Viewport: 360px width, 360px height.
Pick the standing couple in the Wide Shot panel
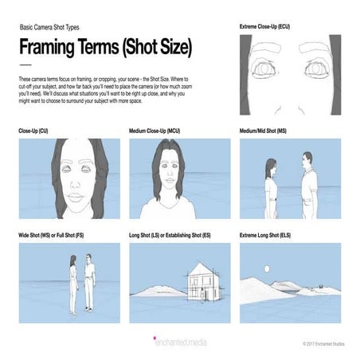[82, 277]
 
